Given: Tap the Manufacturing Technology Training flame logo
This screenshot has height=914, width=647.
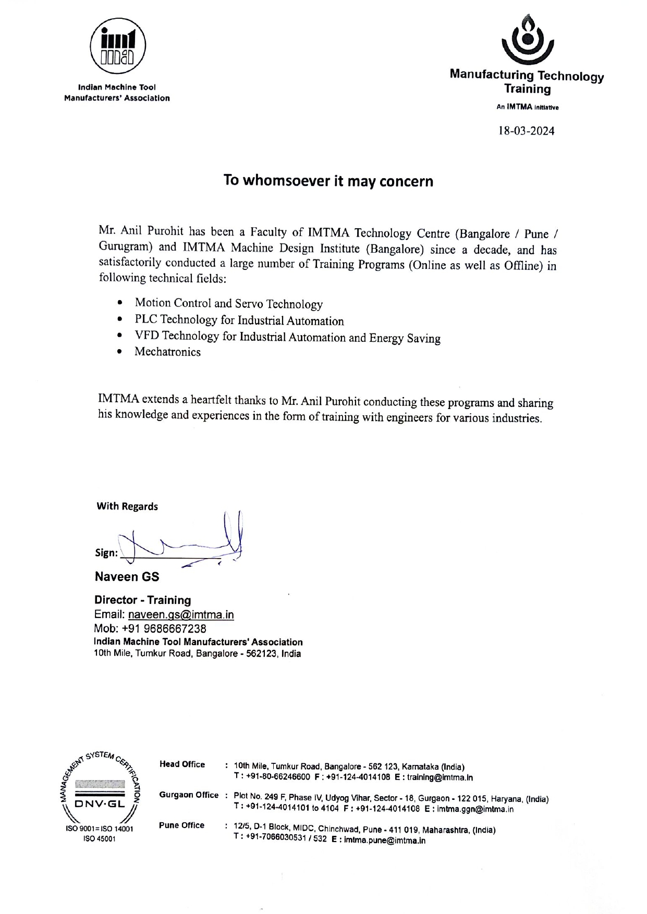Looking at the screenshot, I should [527, 39].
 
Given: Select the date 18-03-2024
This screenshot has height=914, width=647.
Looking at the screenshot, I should [527, 131].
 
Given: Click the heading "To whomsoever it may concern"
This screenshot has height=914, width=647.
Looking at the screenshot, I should [328, 181].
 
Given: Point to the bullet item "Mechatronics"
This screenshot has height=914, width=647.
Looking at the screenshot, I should [167, 352].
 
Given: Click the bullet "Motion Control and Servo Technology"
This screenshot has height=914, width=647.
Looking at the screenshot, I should [228, 303].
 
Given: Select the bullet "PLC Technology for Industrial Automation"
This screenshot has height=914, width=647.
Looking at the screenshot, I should [239, 320].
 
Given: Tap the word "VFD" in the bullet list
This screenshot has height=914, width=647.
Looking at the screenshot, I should [147, 336].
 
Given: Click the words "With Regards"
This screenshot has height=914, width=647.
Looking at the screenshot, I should [127, 507].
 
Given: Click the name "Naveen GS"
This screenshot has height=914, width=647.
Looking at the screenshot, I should [127, 577].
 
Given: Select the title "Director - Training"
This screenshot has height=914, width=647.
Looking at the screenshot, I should [142, 600].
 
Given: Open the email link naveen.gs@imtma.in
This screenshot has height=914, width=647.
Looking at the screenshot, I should [181, 615].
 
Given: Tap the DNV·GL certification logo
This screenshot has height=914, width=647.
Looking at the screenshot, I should [100, 793].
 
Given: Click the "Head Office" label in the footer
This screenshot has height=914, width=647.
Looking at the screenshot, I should [182, 764].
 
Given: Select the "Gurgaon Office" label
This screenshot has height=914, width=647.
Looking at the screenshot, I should [189, 795].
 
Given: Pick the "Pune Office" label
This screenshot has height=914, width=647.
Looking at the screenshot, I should [181, 825].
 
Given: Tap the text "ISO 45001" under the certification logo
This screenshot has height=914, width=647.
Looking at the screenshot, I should [100, 839].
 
